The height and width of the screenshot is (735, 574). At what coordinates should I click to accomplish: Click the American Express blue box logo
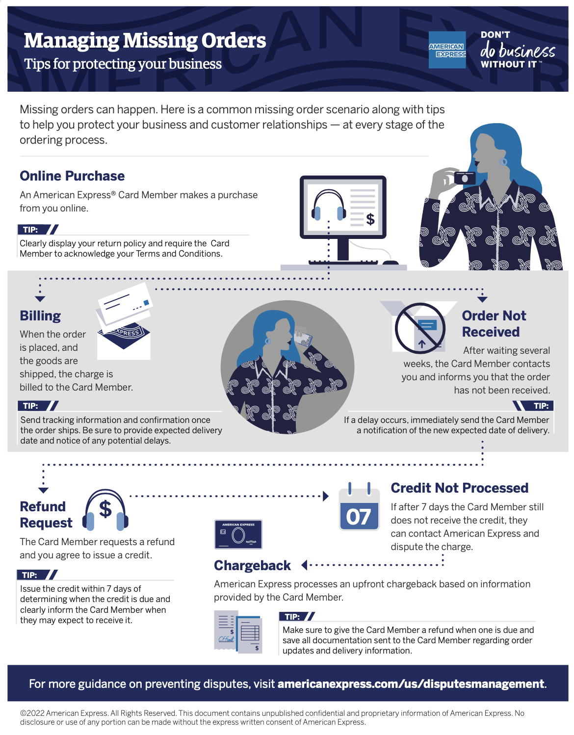point(447,50)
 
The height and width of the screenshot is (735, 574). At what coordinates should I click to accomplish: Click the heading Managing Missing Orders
point(145,41)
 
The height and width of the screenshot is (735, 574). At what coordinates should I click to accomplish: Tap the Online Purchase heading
point(72,176)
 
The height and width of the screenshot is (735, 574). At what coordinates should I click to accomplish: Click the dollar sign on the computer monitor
point(370,219)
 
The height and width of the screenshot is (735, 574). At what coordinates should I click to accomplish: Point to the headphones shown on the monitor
point(329,206)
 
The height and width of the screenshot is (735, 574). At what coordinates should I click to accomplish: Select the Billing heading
point(40,315)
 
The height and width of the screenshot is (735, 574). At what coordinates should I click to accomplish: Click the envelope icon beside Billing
point(124,322)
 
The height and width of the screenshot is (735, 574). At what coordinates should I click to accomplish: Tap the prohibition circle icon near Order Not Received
point(420,328)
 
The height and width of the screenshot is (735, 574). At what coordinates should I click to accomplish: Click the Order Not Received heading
point(493,323)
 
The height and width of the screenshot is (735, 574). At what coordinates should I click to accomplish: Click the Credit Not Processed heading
point(459,488)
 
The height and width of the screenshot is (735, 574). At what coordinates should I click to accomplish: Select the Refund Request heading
point(46,514)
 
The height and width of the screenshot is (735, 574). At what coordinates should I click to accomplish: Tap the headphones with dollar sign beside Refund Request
point(105,511)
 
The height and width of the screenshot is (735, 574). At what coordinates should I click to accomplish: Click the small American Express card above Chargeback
point(238,534)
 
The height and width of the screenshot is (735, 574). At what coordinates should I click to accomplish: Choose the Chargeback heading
point(252,565)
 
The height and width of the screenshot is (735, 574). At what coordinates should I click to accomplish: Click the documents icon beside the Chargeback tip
point(238,632)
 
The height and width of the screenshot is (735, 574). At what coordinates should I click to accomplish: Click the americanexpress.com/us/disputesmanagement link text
point(411,683)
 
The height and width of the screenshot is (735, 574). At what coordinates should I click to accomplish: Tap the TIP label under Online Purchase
point(31,230)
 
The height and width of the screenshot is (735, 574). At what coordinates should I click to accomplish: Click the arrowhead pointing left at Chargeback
point(304,565)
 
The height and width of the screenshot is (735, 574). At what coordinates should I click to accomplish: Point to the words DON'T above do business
point(495,35)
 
